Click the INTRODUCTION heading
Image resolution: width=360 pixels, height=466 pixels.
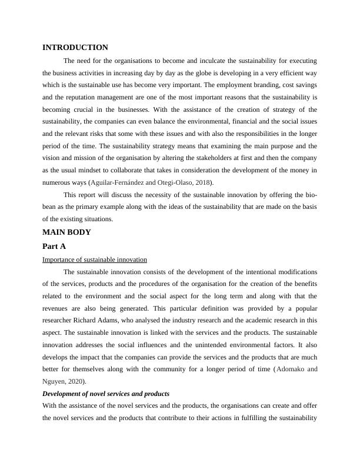(75, 48)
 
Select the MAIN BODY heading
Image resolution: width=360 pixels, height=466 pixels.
(66, 232)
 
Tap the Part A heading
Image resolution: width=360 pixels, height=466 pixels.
(54, 247)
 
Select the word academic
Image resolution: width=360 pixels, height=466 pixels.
(251, 320)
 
